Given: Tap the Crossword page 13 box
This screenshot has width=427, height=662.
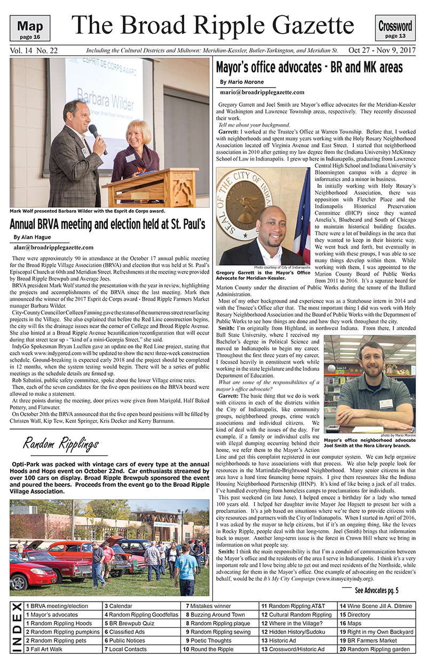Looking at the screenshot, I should pos(396,28).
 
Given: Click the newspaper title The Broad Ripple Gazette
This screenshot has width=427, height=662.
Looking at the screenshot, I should pos(213,25).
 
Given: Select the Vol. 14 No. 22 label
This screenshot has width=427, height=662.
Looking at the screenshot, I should pos(34,51).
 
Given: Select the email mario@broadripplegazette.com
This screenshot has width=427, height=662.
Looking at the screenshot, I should pos(262,92).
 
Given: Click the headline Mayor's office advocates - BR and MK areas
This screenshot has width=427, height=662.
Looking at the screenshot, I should pos(309,68).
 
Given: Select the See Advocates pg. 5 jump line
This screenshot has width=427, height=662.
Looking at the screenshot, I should pos(376,590).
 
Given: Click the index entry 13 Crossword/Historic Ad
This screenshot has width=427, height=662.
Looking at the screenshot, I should pos(292,649).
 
